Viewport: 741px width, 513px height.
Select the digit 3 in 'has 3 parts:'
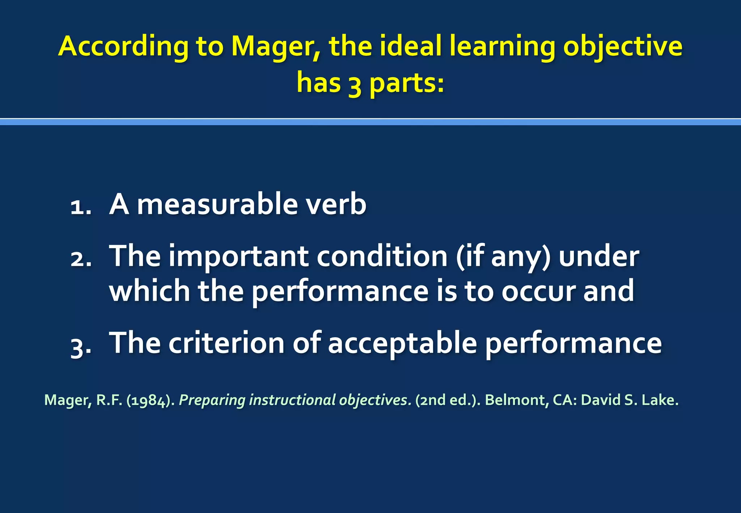pyautogui.click(x=355, y=84)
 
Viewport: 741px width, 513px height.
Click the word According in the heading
pyautogui.click(x=123, y=47)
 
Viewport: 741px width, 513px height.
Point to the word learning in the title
pyautogui.click(x=502, y=47)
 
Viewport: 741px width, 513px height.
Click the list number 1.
pyautogui.click(x=80, y=208)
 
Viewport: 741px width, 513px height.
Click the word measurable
pyautogui.click(x=217, y=204)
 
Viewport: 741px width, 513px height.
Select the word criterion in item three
pyautogui.click(x=226, y=343)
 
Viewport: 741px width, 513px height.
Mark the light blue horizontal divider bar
pyautogui.click(x=370, y=122)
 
